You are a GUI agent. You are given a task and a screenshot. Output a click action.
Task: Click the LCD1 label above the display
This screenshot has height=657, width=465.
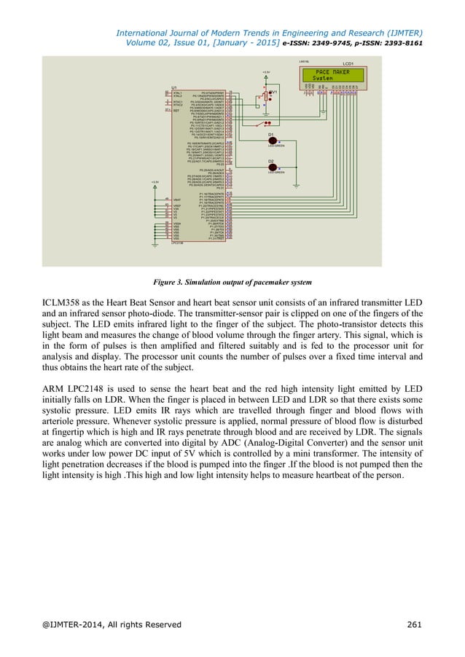[348, 63]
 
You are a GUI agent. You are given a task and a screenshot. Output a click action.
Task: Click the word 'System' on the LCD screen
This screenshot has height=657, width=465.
[325, 79]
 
